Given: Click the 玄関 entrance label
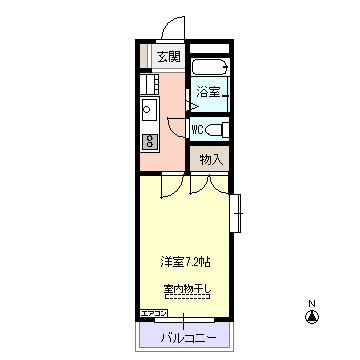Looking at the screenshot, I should [169, 56].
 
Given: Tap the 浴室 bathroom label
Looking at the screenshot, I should [208, 92].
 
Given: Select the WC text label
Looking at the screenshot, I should [198, 129].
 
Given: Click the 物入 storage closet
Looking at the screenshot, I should [210, 159].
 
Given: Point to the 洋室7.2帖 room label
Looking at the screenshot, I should [186, 262].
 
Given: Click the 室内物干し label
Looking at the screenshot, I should [187, 289].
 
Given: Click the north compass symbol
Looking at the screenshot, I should [312, 318].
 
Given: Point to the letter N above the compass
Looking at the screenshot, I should [312, 303].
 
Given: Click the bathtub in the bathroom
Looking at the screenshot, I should [209, 70].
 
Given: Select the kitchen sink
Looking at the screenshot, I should [147, 108].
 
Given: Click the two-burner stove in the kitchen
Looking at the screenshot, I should [147, 138].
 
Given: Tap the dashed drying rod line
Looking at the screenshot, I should [187, 297].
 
